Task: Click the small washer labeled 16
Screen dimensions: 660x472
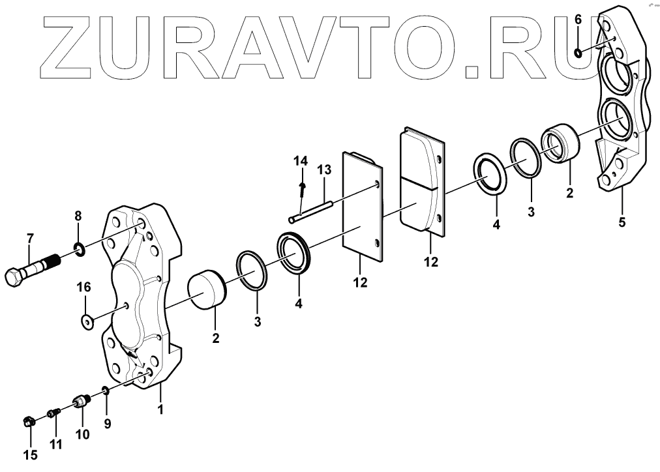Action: [x=86, y=320]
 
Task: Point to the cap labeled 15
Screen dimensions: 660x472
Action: [x=27, y=422]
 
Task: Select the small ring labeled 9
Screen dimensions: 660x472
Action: [x=104, y=391]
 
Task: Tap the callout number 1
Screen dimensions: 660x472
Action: [x=160, y=410]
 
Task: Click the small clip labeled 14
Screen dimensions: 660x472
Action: [x=301, y=190]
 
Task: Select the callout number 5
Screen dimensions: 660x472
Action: [x=622, y=222]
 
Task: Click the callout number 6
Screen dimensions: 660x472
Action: [x=578, y=20]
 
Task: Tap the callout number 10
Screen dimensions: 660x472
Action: [x=82, y=434]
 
